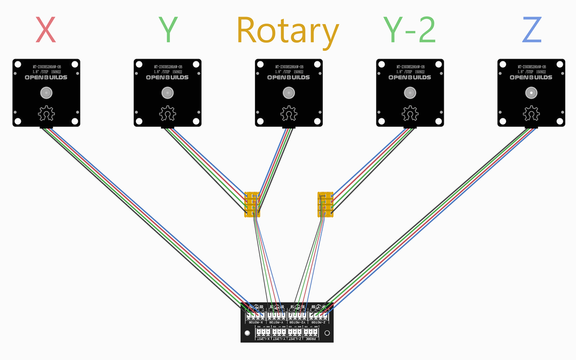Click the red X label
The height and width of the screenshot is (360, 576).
(46, 30)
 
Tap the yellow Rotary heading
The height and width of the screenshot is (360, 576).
(287, 31)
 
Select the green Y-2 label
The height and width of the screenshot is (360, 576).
(410, 30)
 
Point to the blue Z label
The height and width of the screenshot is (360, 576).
(532, 30)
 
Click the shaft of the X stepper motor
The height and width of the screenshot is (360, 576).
(46, 93)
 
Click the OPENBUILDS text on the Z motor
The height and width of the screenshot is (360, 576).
(531, 77)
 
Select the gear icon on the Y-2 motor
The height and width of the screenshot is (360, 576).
(410, 114)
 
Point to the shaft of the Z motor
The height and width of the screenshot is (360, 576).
(531, 93)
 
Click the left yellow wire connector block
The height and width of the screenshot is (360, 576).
(251, 205)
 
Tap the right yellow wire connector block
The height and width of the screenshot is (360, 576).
(325, 205)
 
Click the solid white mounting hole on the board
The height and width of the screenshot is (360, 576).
(247, 333)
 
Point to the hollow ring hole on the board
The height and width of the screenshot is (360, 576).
(327, 333)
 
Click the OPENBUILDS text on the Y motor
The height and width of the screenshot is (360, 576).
(167, 77)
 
